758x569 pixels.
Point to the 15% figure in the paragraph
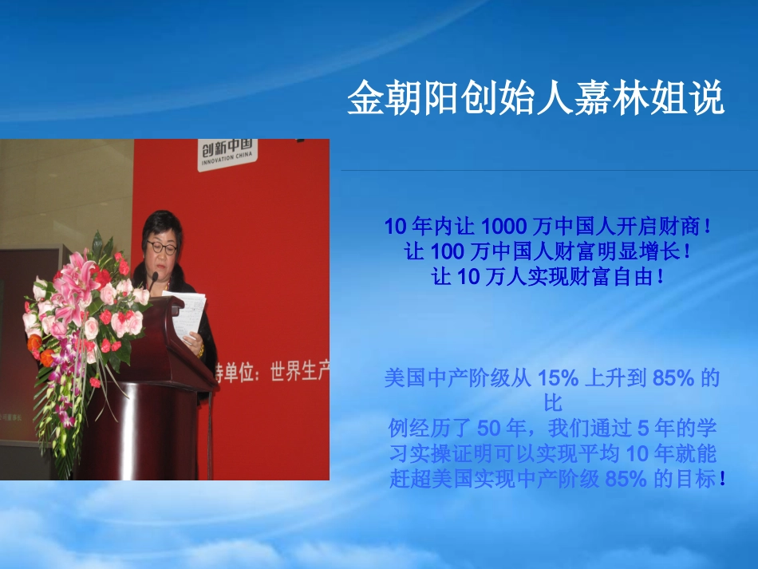pos(557,378)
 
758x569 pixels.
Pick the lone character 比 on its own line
pos(552,403)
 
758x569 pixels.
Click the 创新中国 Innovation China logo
pos(227,152)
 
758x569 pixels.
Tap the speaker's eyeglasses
pos(162,247)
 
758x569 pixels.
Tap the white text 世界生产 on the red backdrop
pos(297,372)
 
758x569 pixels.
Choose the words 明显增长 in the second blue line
pos(638,252)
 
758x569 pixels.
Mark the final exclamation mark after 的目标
pos(722,480)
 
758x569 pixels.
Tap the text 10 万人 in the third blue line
pos(480,278)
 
